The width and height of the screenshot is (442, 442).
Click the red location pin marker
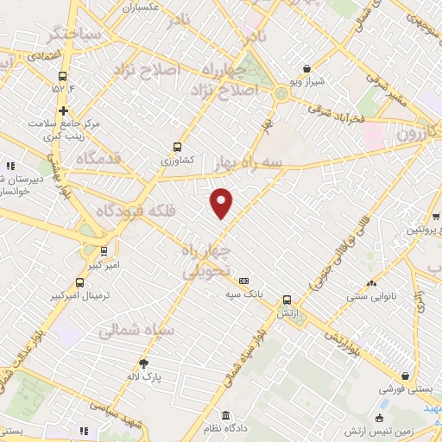[x=222, y=202]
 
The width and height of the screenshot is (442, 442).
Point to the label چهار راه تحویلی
[x=207, y=260]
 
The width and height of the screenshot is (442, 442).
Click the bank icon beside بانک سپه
[x=244, y=281]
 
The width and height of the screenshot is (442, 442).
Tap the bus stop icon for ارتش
[x=287, y=300]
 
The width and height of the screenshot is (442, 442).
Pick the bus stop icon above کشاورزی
[x=178, y=147]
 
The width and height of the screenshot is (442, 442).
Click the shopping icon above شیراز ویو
[x=307, y=69]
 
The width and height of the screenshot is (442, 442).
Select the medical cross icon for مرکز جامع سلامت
[x=63, y=110]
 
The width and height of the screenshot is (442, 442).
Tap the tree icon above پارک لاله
[x=143, y=363]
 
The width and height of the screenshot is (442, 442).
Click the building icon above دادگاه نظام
[x=226, y=414]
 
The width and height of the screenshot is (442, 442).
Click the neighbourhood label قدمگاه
[x=97, y=159]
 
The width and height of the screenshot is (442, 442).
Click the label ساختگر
[x=76, y=36]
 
